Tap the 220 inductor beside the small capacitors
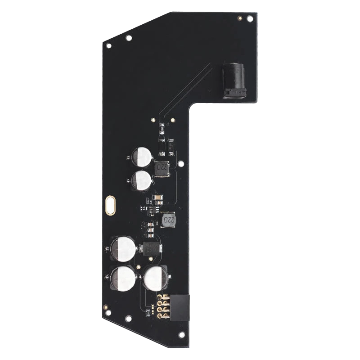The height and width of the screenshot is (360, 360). [x=162, y=169]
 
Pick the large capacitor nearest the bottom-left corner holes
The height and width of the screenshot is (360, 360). [x=122, y=278]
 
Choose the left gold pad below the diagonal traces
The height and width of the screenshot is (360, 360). [x=154, y=121]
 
